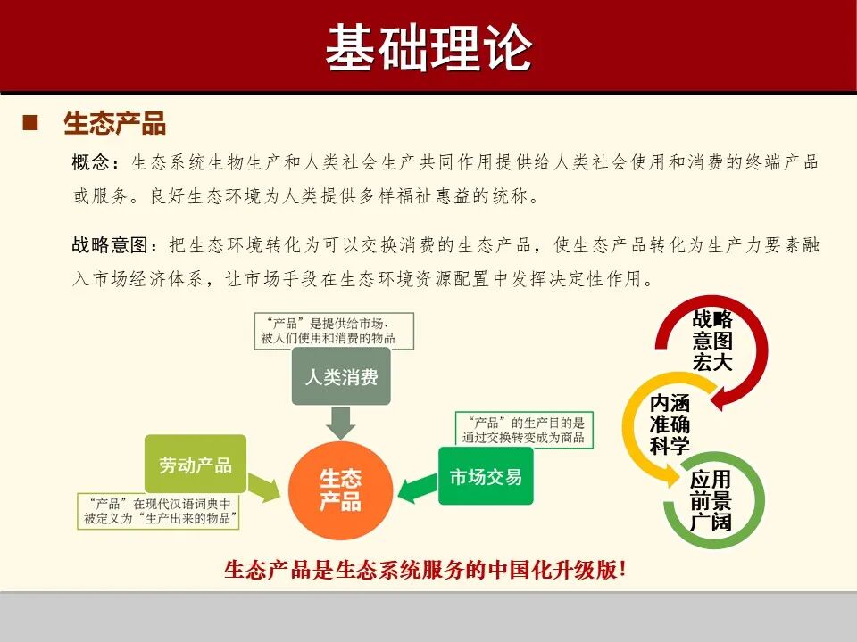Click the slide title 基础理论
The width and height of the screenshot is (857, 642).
[x=428, y=46]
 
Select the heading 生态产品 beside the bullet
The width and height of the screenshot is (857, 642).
[x=114, y=123]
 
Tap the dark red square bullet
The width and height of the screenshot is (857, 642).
[x=30, y=122]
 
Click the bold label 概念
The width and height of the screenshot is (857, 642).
[x=92, y=163]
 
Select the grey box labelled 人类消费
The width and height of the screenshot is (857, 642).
[x=341, y=376]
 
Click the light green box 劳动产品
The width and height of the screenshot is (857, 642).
[x=195, y=465]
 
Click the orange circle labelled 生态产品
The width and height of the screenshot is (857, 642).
[x=341, y=490]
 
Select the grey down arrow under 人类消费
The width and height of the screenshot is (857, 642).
[x=341, y=420]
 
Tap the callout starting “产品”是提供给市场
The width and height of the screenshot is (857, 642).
[x=326, y=330]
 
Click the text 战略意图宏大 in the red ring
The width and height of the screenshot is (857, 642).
[x=711, y=341]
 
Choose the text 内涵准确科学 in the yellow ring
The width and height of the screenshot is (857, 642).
[x=670, y=424]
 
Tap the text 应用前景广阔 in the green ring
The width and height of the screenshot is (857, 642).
[x=711, y=501]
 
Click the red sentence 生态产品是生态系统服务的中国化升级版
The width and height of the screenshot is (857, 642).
[x=425, y=571]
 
